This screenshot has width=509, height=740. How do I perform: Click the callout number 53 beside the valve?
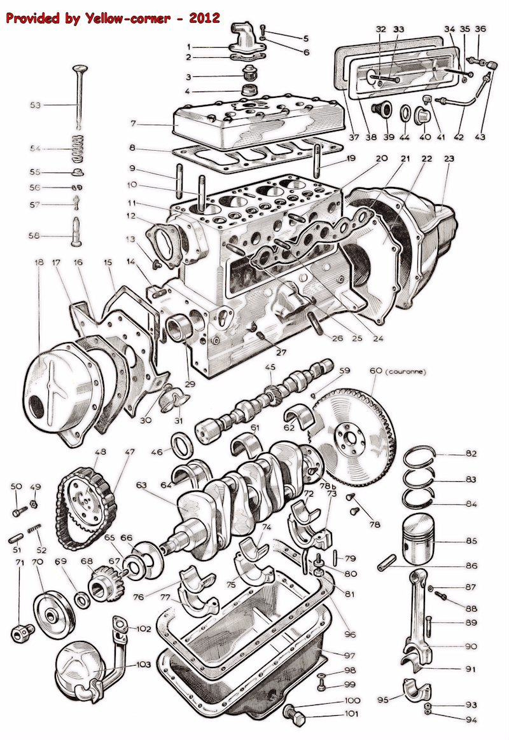click(x=36, y=105)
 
